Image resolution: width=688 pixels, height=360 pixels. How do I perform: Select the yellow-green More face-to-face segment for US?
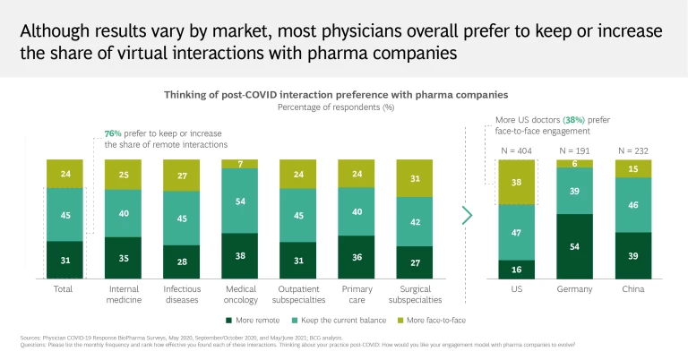pos(517,182)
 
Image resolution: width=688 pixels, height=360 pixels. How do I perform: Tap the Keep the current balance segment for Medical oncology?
pos(240,201)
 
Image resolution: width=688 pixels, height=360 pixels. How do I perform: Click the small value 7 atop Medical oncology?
pos(240,164)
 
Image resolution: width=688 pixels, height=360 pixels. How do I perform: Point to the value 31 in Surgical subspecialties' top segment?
pos(414,178)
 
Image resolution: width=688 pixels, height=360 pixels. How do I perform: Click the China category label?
pos(633,290)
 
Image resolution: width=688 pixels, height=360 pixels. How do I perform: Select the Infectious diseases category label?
pos(182,296)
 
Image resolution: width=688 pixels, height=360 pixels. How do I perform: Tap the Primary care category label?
pos(357,296)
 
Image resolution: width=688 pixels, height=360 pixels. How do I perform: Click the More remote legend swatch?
pos(230,320)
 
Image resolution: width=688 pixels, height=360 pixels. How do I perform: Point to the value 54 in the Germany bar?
pos(575,246)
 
